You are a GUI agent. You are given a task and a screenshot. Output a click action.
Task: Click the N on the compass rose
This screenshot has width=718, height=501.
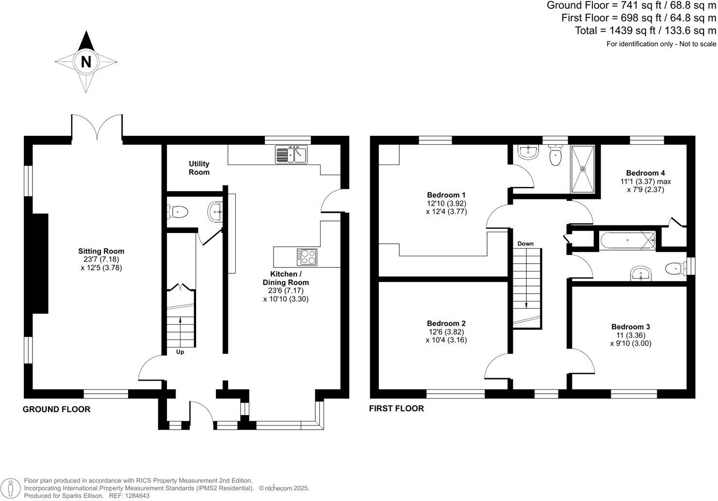tap(86, 62)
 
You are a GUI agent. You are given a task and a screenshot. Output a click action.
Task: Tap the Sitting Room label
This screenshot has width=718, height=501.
tap(101, 251)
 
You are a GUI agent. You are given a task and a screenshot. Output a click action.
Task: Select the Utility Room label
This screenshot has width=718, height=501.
tap(199, 168)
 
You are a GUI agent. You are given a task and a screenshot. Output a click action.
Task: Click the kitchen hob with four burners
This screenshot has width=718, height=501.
tap(307, 256)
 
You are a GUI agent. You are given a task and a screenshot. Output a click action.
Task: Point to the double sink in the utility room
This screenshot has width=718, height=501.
tap(291, 155)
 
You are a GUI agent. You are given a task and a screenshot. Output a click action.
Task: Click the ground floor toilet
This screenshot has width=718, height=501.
tap(178, 212)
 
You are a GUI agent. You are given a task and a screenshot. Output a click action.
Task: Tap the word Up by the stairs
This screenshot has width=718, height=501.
tap(180, 352)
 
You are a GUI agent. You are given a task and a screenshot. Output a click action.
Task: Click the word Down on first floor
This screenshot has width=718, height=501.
tap(525, 244)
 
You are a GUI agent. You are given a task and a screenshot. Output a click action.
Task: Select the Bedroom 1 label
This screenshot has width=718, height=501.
tap(446, 195)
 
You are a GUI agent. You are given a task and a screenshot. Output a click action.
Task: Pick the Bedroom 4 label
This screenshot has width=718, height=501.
tap(645, 173)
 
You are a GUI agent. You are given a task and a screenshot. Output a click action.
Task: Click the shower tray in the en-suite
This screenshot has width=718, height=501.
tap(583, 169)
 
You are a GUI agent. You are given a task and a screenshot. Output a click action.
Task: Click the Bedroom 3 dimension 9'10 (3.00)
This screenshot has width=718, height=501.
tap(631, 343)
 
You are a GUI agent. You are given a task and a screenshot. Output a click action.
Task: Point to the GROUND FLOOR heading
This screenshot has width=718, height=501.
tap(56, 409)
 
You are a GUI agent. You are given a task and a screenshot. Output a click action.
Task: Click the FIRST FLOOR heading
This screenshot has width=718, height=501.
tap(396, 408)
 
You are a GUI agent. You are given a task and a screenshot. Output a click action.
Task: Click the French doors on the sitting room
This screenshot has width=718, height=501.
tap(97, 127)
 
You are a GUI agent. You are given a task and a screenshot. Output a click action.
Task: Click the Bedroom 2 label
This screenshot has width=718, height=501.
tap(446, 323)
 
